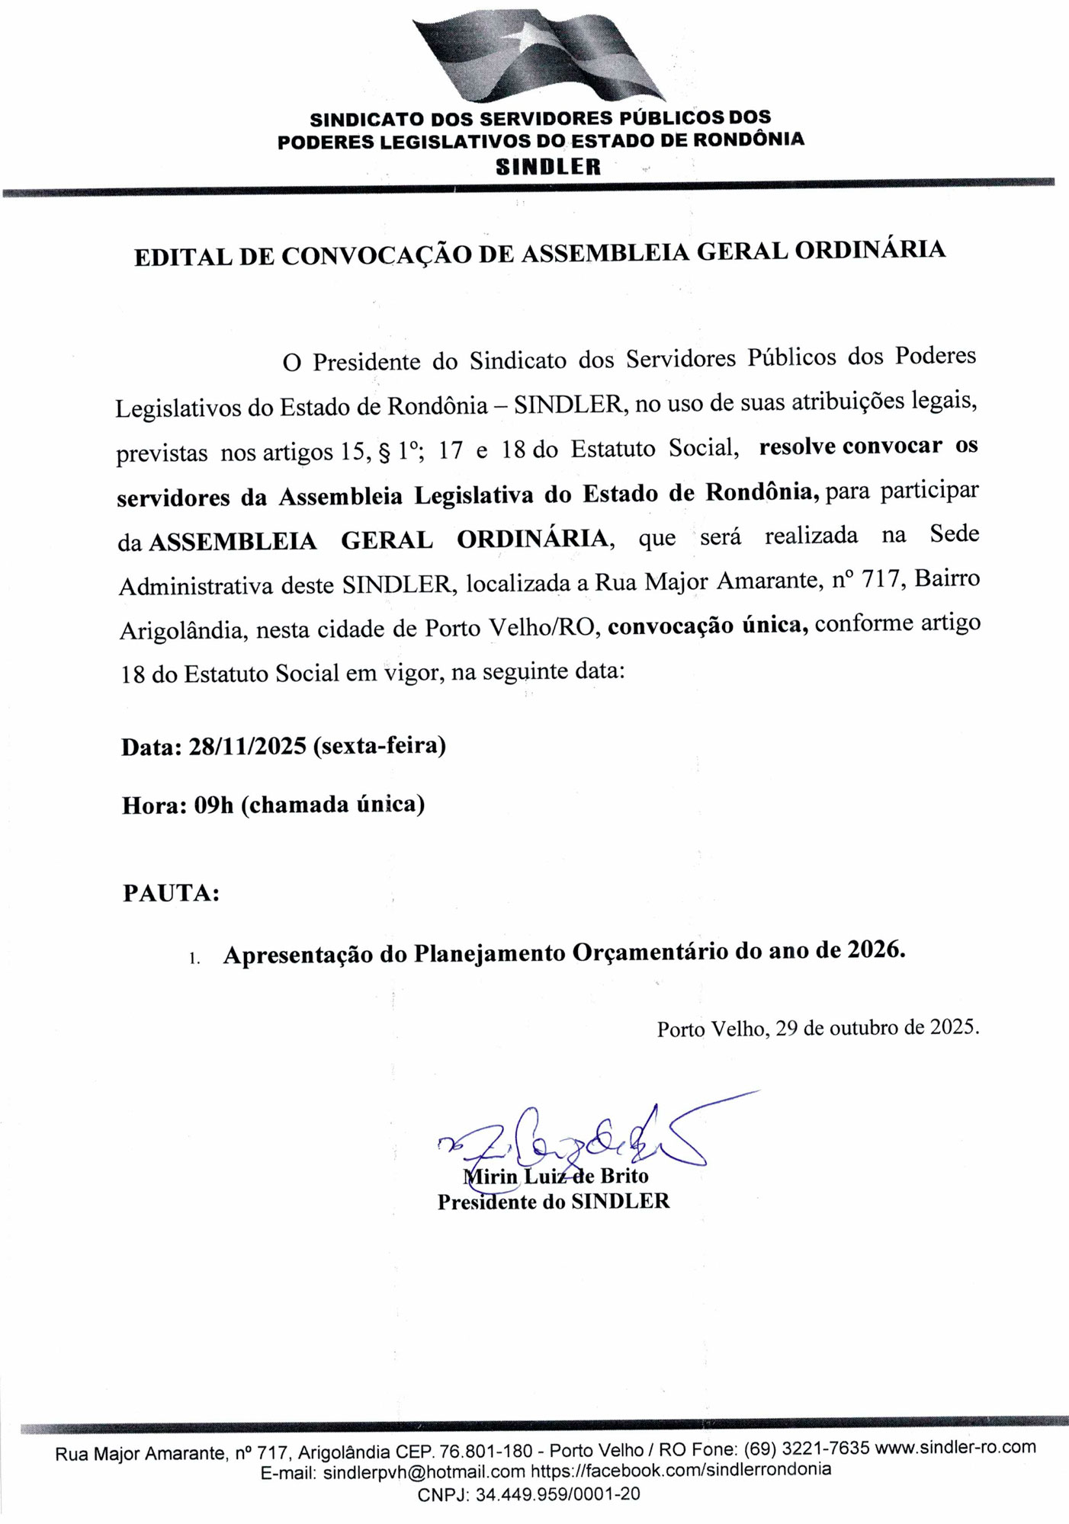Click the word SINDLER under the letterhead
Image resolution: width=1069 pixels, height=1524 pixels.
point(548,167)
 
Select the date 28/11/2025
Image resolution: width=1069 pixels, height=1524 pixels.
point(248,745)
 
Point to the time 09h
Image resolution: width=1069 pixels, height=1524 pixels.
point(213,805)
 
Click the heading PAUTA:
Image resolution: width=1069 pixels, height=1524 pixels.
point(172,892)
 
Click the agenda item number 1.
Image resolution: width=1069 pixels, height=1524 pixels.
point(194,959)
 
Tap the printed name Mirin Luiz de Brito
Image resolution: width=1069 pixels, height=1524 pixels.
point(556,1176)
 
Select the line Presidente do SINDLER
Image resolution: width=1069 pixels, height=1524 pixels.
point(553,1202)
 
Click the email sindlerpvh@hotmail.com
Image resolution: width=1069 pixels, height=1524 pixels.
point(424,1471)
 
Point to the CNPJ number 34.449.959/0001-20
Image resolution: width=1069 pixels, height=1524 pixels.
point(557,1494)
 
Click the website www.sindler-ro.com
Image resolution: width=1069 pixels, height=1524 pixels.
point(955,1446)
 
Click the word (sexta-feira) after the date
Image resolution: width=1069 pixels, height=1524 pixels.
point(379,744)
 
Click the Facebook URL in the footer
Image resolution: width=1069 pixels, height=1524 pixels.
point(681,1470)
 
